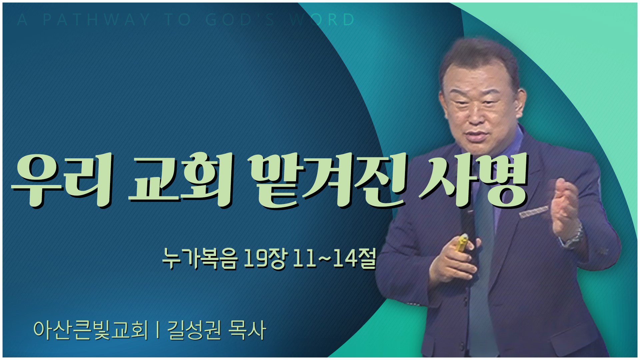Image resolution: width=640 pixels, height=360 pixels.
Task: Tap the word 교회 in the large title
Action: point(180,180)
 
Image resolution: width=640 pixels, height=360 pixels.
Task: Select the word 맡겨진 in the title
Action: point(330,180)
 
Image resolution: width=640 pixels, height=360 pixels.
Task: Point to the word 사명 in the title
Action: point(473,180)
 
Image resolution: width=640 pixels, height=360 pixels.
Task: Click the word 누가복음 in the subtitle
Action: point(200,259)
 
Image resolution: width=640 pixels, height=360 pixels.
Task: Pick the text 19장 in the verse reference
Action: point(265,259)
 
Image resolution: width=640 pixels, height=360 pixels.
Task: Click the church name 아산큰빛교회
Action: point(90,330)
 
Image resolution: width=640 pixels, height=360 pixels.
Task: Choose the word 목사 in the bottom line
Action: point(247,330)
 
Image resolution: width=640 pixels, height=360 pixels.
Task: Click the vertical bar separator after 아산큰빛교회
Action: point(157,330)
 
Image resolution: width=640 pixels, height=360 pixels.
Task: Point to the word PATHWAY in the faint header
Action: point(97,20)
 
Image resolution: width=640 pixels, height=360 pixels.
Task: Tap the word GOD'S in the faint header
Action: point(240,20)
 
